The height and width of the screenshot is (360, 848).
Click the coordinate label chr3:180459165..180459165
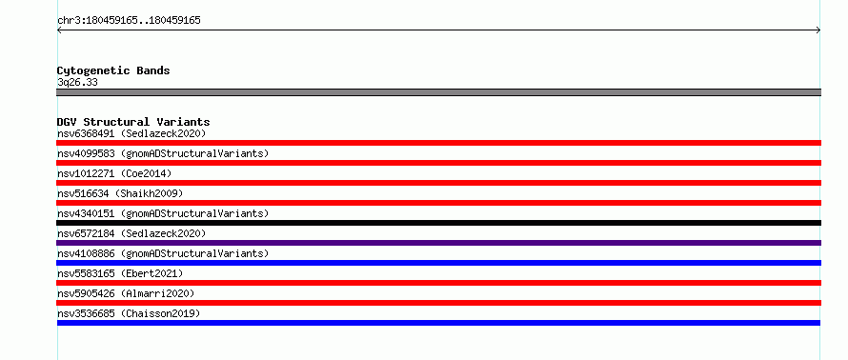(x=129, y=21)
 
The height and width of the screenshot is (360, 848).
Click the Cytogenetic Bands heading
(x=113, y=70)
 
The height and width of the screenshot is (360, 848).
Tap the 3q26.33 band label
(x=77, y=83)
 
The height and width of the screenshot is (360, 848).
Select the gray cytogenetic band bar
(x=438, y=92)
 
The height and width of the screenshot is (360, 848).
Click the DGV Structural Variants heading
(x=133, y=122)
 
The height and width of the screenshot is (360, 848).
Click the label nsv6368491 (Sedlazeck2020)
(x=131, y=133)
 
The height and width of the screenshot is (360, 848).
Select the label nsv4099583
(x=86, y=153)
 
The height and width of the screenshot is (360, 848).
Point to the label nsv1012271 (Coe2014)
(x=114, y=173)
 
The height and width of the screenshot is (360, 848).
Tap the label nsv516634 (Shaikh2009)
(x=120, y=193)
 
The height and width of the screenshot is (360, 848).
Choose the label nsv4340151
(x=86, y=213)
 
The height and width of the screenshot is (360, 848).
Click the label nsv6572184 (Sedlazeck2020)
(x=131, y=233)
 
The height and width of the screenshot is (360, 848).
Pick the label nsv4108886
(x=86, y=253)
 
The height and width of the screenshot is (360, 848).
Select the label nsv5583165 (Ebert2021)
(x=120, y=273)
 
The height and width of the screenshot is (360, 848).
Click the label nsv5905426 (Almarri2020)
(x=126, y=293)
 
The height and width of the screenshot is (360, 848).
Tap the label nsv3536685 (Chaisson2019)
(x=129, y=313)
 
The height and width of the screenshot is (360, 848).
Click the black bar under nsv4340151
(x=438, y=223)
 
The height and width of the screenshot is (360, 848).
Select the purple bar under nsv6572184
(x=438, y=243)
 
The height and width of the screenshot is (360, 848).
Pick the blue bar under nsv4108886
(x=438, y=263)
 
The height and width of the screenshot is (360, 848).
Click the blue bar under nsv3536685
(x=438, y=323)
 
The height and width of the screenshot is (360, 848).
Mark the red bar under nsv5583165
(x=438, y=283)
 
